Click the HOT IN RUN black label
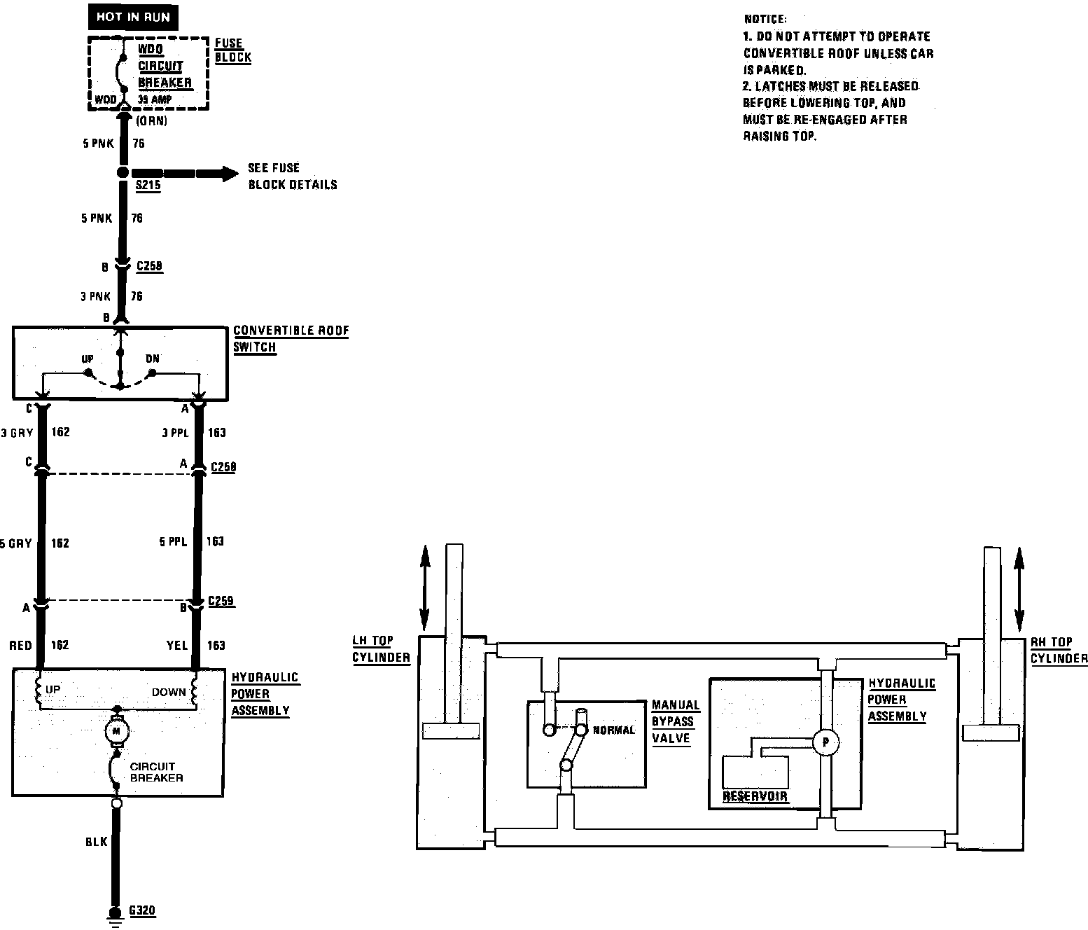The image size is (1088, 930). click(x=133, y=17)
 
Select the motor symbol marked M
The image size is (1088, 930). click(x=117, y=731)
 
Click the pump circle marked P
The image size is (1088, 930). click(x=826, y=742)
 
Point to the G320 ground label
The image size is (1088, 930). click(x=143, y=911)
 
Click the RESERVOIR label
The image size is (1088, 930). click(x=755, y=796)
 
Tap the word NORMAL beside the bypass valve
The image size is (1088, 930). click(x=614, y=730)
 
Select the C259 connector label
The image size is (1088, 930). click(x=222, y=601)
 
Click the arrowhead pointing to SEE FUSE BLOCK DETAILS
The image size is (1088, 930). click(x=229, y=173)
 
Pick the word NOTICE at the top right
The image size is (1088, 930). click(x=765, y=20)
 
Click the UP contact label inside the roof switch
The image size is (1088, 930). click(x=88, y=359)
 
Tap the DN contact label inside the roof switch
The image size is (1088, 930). click(x=153, y=359)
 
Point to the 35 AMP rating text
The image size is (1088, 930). click(x=155, y=99)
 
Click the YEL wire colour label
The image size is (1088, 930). click(x=178, y=645)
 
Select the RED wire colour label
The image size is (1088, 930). click(x=21, y=645)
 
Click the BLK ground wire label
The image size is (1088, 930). click(x=96, y=841)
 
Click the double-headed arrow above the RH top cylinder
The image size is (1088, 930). click(x=1019, y=581)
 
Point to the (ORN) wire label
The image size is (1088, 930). click(x=151, y=120)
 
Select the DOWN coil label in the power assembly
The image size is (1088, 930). click(x=169, y=692)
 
